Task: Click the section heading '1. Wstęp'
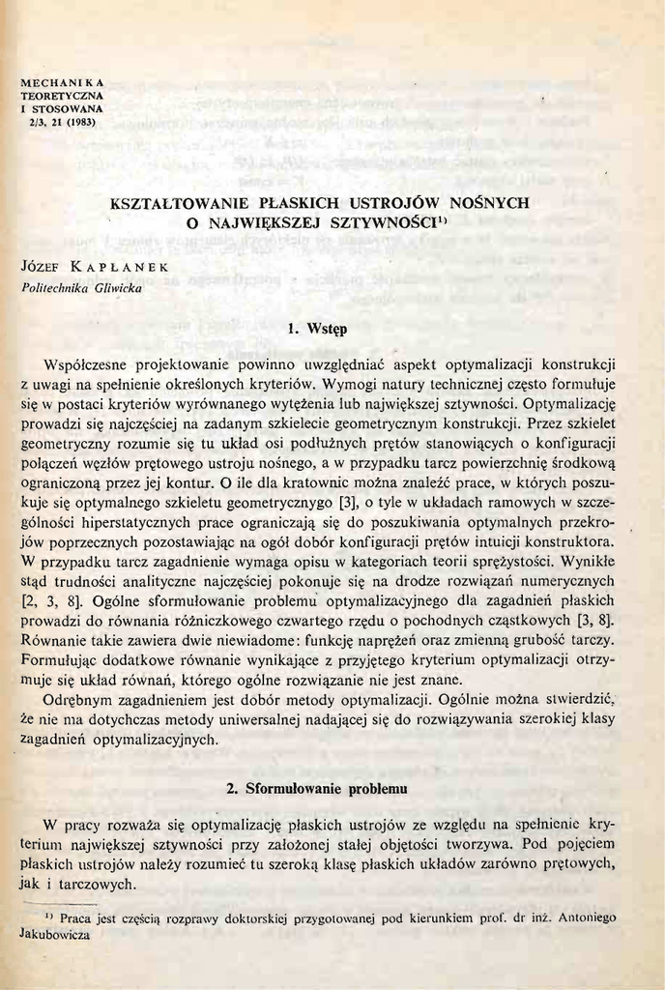[317, 329]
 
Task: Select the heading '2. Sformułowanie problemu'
[316, 788]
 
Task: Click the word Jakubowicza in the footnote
[55, 936]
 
